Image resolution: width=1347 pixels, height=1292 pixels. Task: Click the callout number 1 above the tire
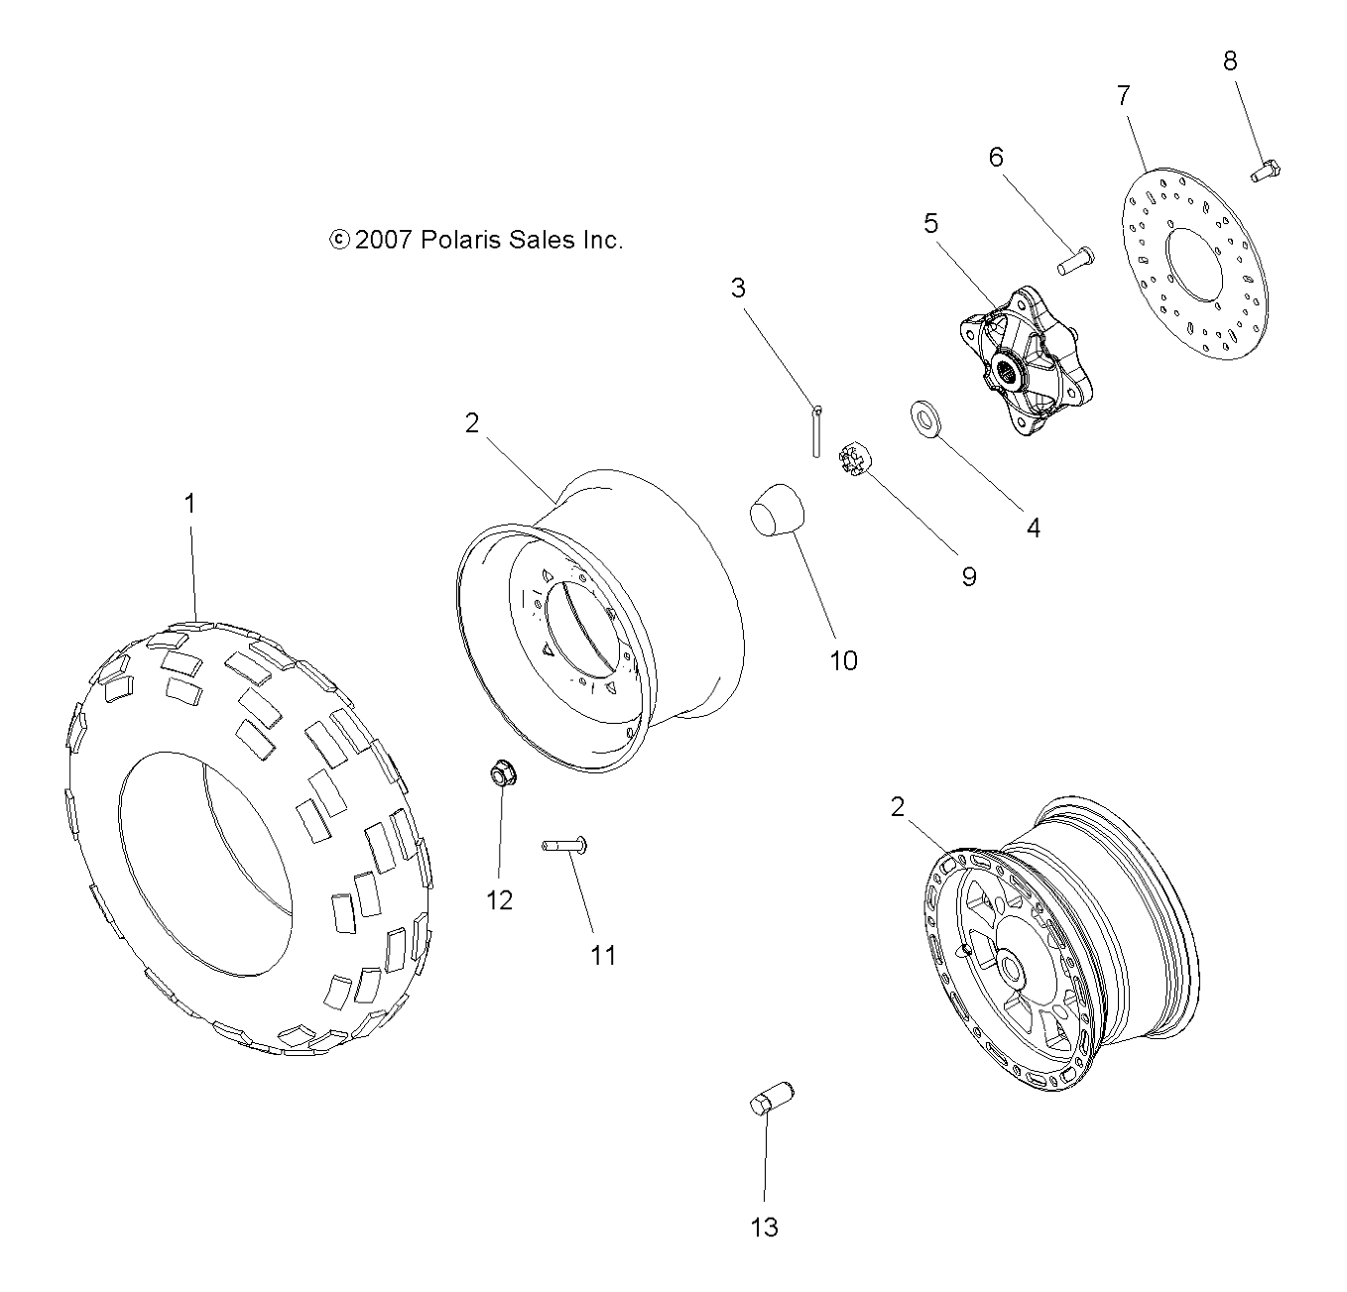coord(189,504)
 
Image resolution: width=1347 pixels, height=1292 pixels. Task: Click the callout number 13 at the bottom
coord(764,1228)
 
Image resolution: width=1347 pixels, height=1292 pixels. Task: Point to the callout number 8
coord(1230,61)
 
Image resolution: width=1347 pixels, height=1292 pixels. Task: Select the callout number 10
coord(843,660)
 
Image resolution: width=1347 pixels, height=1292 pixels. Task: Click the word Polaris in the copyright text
coord(456,240)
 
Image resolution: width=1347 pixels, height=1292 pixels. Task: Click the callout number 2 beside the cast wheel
coord(898,807)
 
